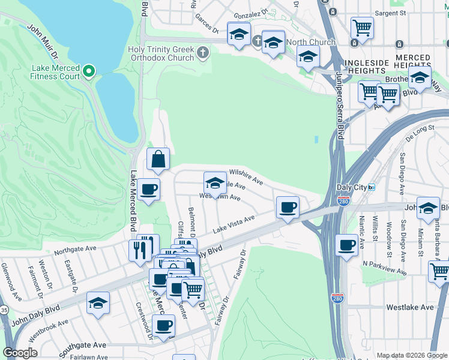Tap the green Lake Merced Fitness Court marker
point(89,72)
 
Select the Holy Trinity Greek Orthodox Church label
point(161,53)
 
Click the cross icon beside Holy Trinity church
point(203,53)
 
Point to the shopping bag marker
point(158,160)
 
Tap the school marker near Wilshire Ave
point(215,183)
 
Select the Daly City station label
point(353,187)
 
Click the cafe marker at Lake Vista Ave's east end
point(288,208)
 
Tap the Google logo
point(20,353)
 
